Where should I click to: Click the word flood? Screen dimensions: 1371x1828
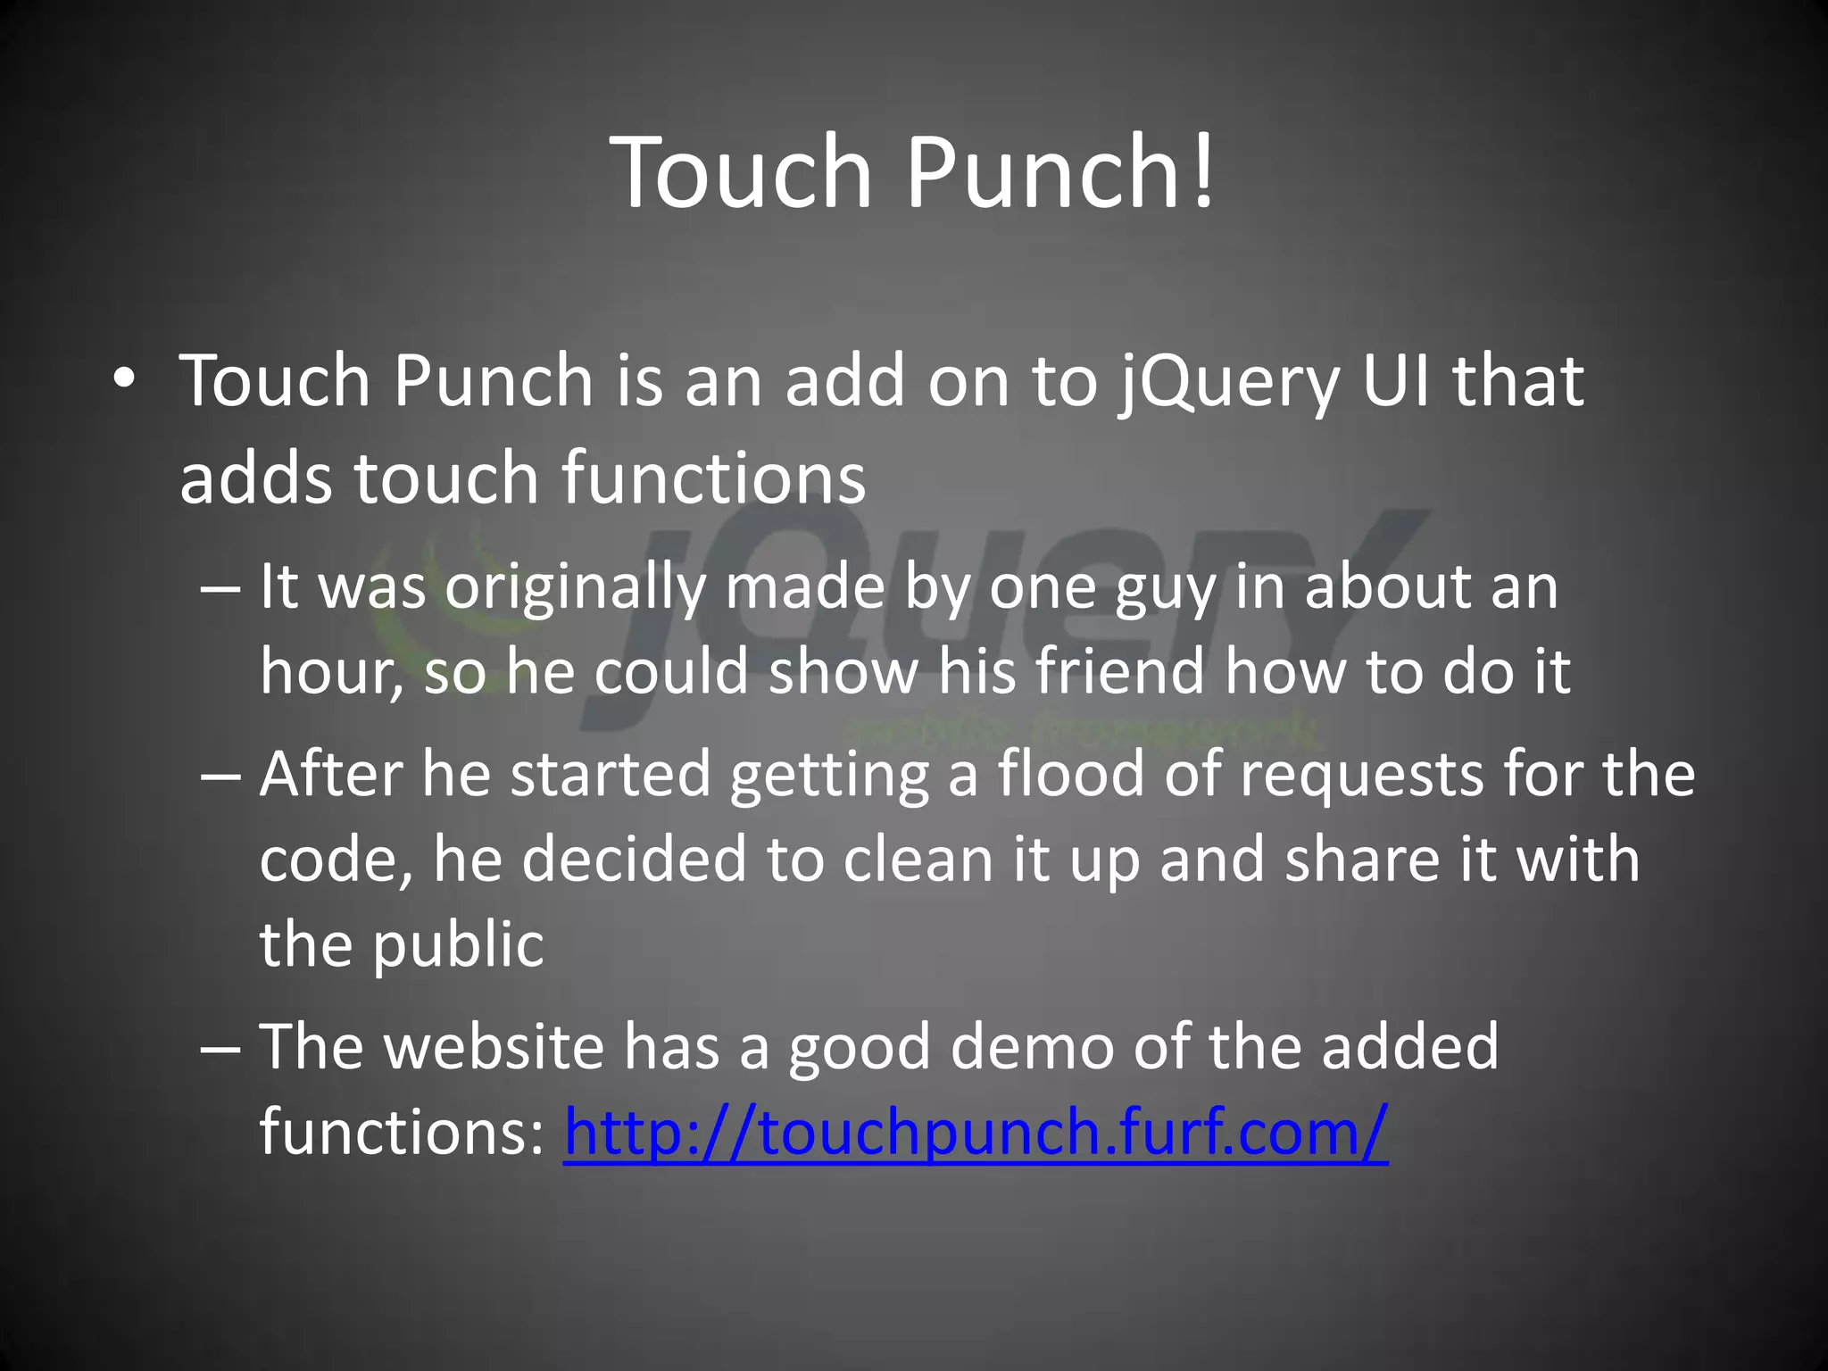[x=1070, y=773]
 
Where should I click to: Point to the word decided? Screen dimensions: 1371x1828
[x=633, y=859]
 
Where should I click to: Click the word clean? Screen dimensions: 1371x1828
[x=918, y=859]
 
